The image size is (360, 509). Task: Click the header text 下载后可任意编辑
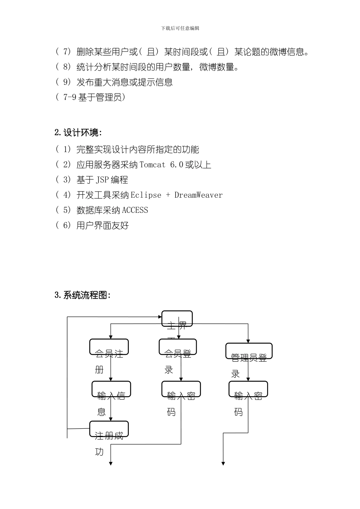[180, 28]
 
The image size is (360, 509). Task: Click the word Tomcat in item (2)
[153, 165]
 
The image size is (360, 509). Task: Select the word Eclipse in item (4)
[146, 195]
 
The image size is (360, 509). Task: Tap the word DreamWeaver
[199, 195]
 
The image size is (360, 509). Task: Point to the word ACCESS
[135, 210]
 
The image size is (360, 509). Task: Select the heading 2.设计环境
[78, 133]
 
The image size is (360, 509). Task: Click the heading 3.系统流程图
[83, 295]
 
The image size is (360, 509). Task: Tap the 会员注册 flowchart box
[109, 347]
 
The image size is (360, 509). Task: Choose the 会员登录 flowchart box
[178, 347]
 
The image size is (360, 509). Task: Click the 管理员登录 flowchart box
[249, 351]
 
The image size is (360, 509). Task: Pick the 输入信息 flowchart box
[111, 389]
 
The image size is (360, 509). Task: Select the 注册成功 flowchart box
[109, 429]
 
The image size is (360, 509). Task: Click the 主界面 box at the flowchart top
[177, 319]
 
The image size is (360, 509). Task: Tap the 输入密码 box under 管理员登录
[248, 389]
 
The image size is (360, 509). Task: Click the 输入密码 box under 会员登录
[181, 389]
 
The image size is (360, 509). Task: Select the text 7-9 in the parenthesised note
[70, 97]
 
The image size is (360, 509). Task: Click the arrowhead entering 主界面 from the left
[160, 317]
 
